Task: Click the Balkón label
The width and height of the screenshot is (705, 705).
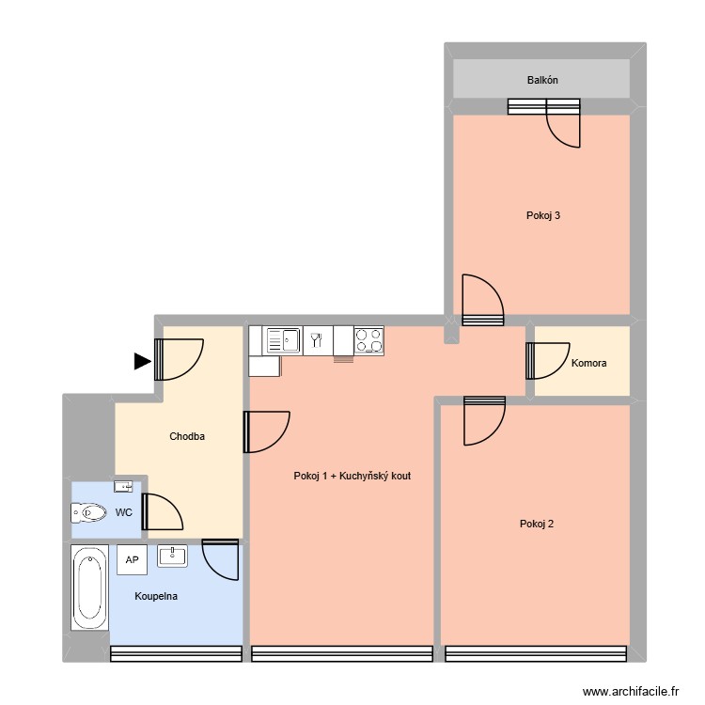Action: [542, 80]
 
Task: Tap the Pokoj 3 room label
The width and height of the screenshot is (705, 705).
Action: [543, 215]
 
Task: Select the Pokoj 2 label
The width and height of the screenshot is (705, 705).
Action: [536, 524]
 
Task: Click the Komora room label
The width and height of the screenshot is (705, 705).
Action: [588, 363]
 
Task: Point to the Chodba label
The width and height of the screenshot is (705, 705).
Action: [187, 436]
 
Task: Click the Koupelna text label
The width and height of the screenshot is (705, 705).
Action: [156, 596]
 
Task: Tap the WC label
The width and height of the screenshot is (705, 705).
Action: [123, 513]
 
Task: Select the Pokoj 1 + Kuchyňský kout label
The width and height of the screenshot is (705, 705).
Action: [352, 476]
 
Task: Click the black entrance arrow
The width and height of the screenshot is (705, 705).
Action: [142, 361]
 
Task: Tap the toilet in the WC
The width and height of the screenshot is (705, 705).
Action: [88, 513]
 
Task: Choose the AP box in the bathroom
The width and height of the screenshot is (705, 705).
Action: [132, 559]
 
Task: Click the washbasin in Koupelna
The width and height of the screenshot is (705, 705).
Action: [173, 556]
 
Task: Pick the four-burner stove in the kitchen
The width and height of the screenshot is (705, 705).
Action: [368, 339]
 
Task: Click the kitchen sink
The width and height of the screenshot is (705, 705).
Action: [282, 339]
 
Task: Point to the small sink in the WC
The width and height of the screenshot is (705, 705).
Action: [123, 486]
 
